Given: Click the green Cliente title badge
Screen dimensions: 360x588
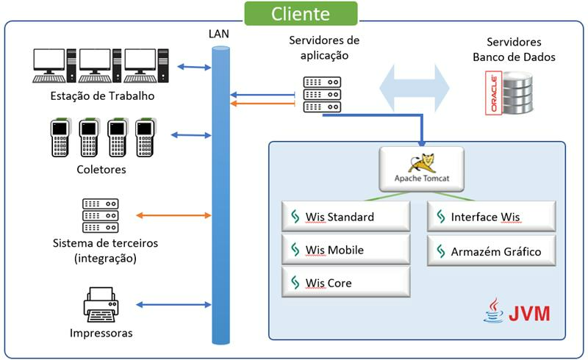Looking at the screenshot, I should (301, 13).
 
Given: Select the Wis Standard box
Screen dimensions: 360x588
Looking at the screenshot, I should (345, 217).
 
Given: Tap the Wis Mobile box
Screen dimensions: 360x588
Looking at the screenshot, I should (345, 250).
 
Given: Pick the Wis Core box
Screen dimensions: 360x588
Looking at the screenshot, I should (345, 283).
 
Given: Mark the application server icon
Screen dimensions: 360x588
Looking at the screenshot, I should (322, 93).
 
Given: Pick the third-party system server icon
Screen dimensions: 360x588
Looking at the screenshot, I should (100, 216).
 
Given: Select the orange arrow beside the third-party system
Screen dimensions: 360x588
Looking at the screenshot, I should (173, 215).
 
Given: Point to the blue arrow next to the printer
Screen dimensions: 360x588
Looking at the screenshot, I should (173, 304).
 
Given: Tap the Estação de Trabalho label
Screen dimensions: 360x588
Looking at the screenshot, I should (102, 96).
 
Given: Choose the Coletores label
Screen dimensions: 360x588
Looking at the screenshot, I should (101, 170).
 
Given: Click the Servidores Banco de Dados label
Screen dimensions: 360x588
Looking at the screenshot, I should (514, 49).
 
